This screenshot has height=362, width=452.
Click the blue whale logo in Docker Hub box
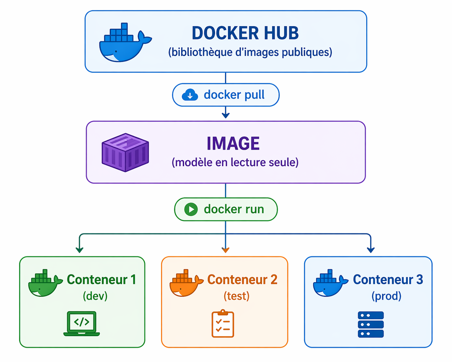124,44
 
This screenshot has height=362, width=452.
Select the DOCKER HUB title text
245,33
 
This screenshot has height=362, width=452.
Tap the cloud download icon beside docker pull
190,95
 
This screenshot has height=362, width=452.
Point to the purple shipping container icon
125,152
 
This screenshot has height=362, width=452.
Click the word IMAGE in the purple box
233,144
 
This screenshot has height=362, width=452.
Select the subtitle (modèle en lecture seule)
235,162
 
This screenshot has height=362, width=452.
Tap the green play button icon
191,209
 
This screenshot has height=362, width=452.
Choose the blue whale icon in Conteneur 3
330,283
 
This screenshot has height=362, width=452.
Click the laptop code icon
82,324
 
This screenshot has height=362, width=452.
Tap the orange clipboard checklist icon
223,324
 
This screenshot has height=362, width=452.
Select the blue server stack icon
371,325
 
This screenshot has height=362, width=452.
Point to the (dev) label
95,296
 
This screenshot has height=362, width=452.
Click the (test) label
237,296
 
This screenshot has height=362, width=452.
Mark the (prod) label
386,296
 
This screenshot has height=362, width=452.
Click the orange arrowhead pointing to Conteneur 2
226,250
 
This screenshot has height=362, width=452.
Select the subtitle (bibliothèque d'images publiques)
250,52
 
